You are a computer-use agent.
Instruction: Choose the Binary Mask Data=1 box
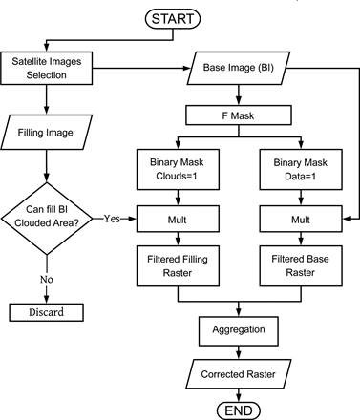301,170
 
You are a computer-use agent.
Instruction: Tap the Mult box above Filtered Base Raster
301,219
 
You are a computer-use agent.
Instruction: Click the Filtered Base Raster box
301,264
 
